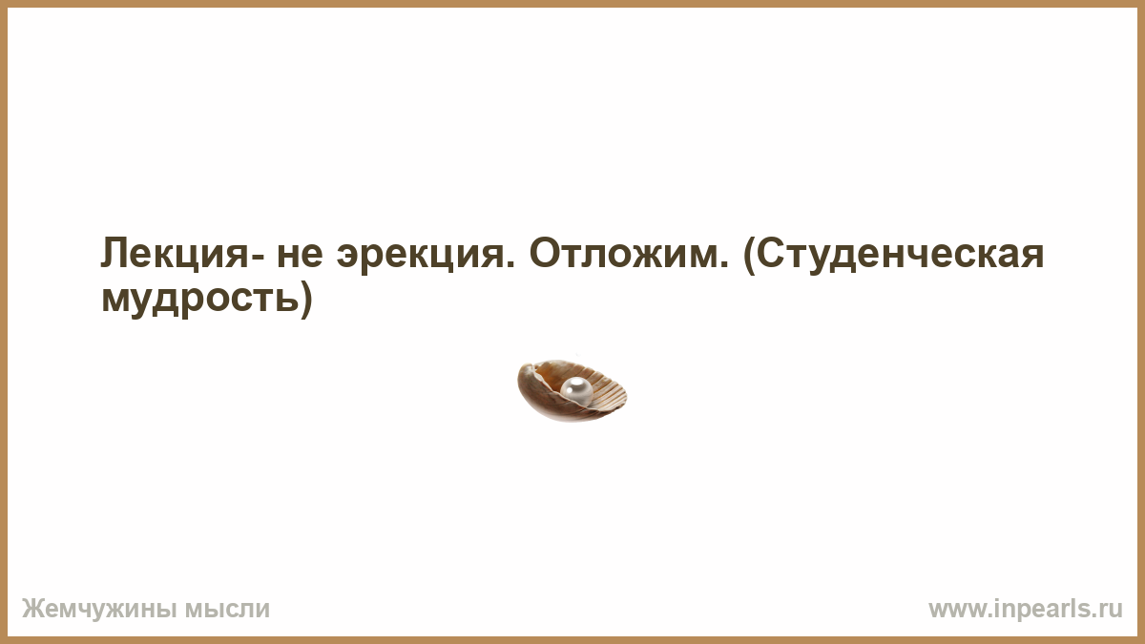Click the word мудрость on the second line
click(200, 300)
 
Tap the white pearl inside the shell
click(576, 390)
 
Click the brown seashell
click(572, 390)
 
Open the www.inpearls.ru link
click(1026, 610)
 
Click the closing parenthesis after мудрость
click(306, 300)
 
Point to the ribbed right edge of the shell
click(618, 394)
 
